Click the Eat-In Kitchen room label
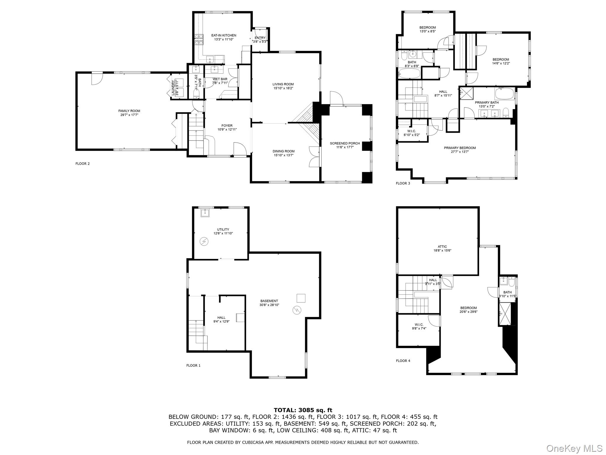(224, 36)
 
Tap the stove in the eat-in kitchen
(199, 39)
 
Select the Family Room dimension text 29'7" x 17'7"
(129, 115)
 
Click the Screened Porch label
(345, 143)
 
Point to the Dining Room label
(283, 151)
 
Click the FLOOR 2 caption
(83, 164)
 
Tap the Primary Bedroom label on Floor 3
(460, 148)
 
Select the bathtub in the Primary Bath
(505, 94)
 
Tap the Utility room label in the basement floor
(223, 230)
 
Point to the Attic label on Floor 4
(442, 247)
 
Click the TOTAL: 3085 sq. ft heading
(303, 410)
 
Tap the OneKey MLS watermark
(574, 448)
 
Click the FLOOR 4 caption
(403, 361)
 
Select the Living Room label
(283, 84)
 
